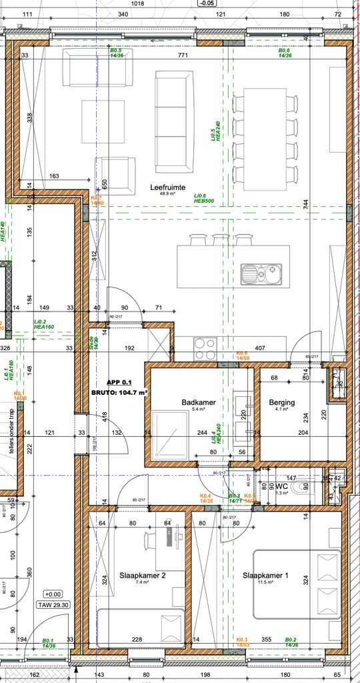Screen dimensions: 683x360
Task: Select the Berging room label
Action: [282, 403]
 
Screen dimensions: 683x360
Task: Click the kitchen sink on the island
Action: [261, 272]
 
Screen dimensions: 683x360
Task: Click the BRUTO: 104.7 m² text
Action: [119, 393]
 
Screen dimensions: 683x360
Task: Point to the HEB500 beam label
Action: [205, 199]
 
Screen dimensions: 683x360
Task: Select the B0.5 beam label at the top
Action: [115, 53]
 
